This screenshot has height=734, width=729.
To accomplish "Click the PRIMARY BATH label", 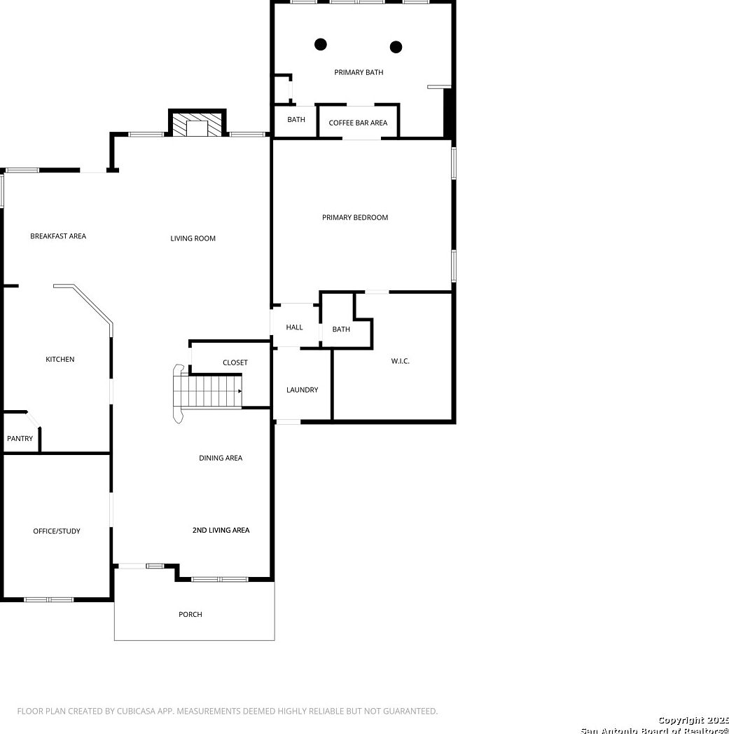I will point(359,72).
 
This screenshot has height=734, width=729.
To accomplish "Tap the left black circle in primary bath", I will point(321,44).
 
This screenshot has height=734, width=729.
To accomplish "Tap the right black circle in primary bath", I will point(396,47).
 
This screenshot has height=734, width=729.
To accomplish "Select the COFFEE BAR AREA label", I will point(358,123).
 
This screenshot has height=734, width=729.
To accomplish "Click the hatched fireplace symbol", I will point(197,125).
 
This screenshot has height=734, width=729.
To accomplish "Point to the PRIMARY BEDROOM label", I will point(355,217).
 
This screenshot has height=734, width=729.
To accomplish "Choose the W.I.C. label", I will point(400,361).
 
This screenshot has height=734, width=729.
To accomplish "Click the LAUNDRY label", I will point(303,390).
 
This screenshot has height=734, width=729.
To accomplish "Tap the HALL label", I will point(295,327).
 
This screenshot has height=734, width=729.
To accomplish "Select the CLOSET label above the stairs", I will point(235,362).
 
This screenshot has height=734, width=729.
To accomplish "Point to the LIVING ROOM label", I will point(193,238).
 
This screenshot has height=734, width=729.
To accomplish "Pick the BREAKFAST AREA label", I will point(58,236).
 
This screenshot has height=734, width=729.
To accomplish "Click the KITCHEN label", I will point(60,360).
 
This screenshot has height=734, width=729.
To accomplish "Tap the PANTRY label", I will point(20,439).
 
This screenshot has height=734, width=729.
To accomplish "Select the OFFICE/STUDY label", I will point(57,531).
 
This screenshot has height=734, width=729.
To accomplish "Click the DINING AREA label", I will point(221,458).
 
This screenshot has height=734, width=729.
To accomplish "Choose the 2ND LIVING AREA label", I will point(221,530).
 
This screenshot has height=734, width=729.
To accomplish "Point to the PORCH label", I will point(190,614).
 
